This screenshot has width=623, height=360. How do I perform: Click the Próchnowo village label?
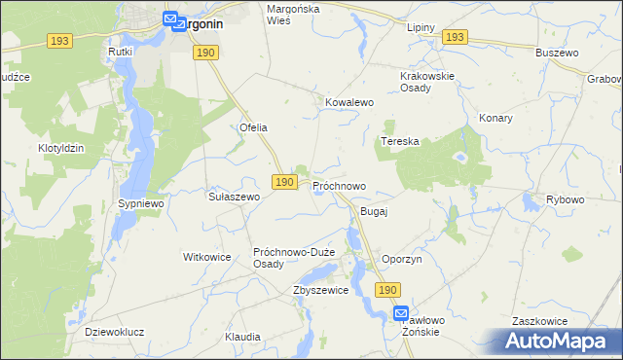[339, 185]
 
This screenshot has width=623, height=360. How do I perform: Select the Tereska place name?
[399, 141]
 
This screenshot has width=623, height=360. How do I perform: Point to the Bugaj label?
[374, 211]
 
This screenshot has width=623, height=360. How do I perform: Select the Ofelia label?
[253, 127]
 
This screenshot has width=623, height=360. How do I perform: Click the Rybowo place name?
[565, 199]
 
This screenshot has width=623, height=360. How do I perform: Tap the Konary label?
[495, 118]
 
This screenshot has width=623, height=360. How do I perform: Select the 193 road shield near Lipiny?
[454, 37]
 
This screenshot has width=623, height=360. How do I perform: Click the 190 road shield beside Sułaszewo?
[283, 182]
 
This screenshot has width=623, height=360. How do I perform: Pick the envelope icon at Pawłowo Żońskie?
[402, 313]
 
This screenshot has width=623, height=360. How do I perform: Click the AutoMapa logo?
[560, 341]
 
